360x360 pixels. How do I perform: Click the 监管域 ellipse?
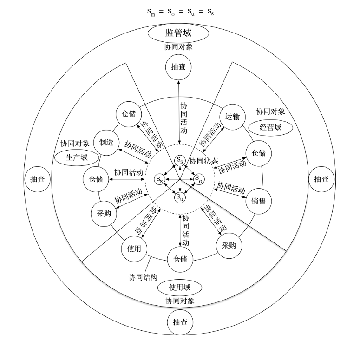(178, 33)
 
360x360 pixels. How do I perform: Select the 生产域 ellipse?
(77, 158)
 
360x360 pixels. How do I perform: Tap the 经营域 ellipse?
(270, 127)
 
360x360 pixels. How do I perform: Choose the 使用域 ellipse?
(180, 288)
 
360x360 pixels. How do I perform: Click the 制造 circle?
(106, 143)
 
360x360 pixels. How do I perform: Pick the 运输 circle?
(232, 117)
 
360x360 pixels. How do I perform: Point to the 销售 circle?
(259, 201)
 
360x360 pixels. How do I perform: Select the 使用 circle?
(134, 249)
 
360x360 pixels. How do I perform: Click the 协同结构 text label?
(143, 278)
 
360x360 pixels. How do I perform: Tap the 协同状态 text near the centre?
(203, 161)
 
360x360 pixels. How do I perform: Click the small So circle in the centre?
(199, 179)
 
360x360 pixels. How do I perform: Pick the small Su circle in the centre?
(180, 197)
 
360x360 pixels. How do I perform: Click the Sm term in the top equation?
(151, 12)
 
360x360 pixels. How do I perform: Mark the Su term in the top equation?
(191, 12)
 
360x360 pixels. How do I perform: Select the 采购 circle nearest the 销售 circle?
(229, 246)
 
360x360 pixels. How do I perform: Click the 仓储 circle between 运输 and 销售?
(259, 153)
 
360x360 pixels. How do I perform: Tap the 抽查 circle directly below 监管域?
(178, 67)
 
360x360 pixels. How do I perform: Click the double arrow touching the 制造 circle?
(133, 156)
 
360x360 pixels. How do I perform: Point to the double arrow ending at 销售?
(230, 193)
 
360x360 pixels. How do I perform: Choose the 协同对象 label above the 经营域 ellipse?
(270, 112)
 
